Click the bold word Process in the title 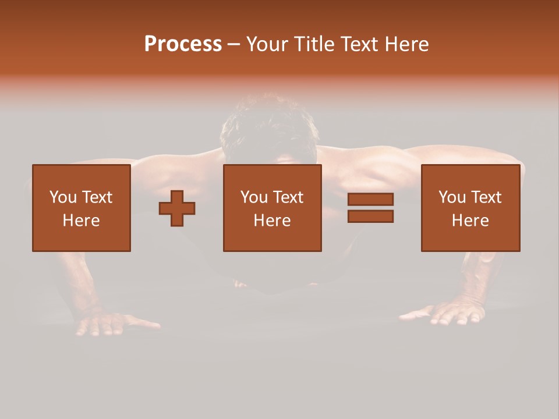tap(183, 44)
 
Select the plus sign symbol tap(177, 208)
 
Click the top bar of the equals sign tap(370, 199)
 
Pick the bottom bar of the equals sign tap(370, 216)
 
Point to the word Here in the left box tap(82, 221)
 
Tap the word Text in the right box tap(487, 197)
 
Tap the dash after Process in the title tap(234, 45)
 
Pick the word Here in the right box tap(470, 221)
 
